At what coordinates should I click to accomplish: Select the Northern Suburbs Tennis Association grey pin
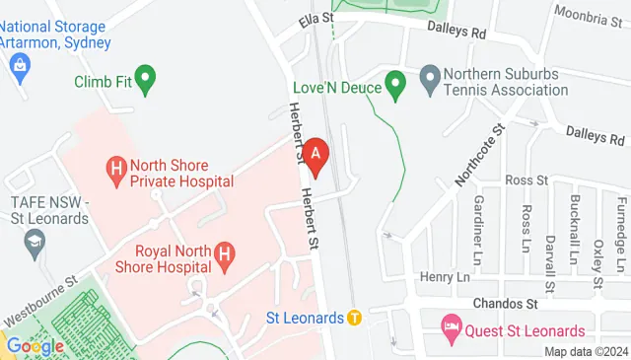(430, 76)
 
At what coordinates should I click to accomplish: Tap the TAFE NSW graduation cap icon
(35, 243)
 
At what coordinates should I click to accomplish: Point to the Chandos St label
(504, 303)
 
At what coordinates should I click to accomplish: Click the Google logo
(35, 346)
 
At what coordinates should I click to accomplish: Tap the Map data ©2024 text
(586, 351)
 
